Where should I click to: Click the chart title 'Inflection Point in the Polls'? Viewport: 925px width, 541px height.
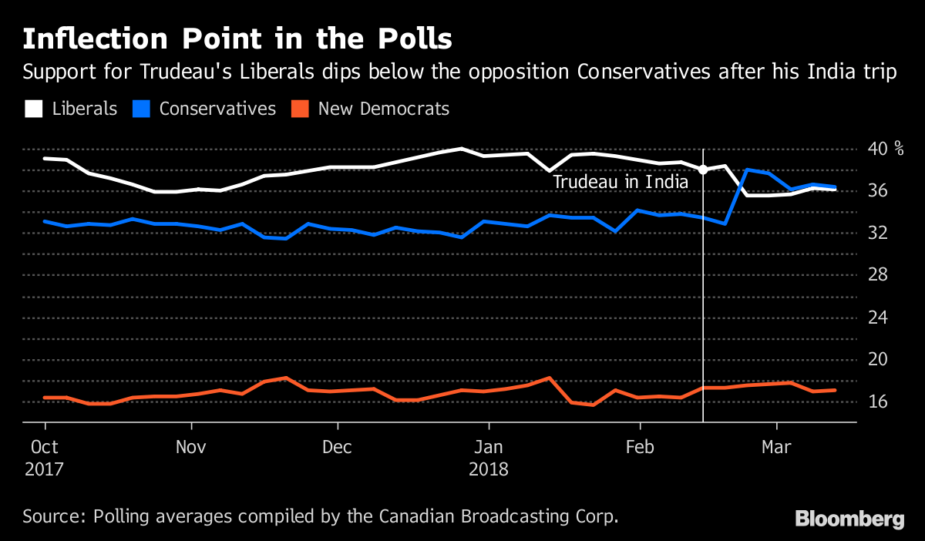[237, 39]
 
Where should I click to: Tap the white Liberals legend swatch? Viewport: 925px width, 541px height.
[33, 109]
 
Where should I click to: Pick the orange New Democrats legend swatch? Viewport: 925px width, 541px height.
[299, 109]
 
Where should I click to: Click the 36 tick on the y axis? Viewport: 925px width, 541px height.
[880, 191]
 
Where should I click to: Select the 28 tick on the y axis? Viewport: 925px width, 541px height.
[880, 275]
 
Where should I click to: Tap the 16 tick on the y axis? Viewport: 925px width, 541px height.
[880, 402]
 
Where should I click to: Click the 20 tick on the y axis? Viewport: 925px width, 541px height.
[880, 360]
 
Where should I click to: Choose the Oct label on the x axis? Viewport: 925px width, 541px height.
[45, 447]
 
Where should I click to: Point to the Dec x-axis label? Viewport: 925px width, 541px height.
[337, 447]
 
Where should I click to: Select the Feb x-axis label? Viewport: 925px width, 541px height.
[640, 447]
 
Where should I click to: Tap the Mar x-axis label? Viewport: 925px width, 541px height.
[775, 447]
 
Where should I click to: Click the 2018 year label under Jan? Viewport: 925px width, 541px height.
[488, 469]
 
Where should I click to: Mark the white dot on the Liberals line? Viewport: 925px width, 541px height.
[703, 170]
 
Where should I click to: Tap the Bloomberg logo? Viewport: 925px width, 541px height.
[849, 519]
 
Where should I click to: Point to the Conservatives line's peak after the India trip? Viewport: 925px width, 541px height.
[747, 170]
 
